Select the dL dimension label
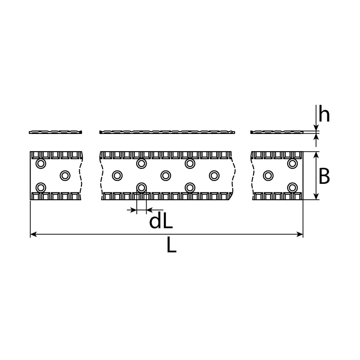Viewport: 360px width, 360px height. pyautogui.click(x=161, y=221)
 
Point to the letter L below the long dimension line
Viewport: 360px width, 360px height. pyautogui.click(x=171, y=245)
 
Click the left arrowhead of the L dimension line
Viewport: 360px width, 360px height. pyautogui.click(x=33, y=234)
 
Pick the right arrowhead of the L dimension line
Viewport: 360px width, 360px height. pyautogui.click(x=300, y=234)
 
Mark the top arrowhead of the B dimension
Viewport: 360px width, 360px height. pyautogui.click(x=316, y=155)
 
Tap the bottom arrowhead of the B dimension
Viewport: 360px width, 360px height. pyautogui.click(x=316, y=196)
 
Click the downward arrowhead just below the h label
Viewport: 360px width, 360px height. pyautogui.click(x=316, y=128)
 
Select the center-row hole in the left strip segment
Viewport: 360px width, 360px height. pyautogui.click(x=65, y=176)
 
